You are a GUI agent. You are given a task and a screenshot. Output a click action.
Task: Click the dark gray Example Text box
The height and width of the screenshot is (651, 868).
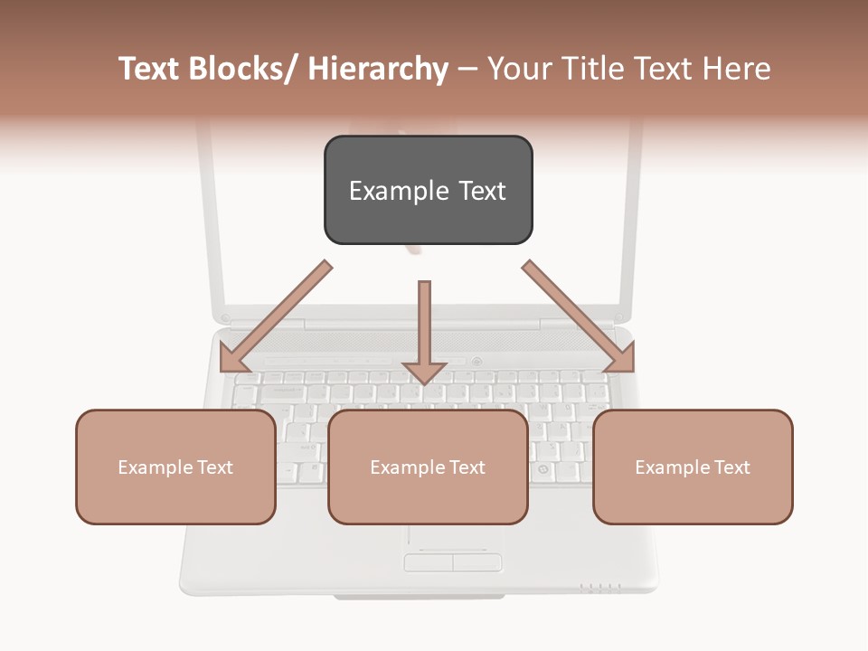point(428,190)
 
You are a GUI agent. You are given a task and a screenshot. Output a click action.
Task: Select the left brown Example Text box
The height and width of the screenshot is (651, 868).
point(175,467)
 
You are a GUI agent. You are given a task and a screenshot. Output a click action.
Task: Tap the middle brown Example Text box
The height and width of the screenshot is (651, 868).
point(428,467)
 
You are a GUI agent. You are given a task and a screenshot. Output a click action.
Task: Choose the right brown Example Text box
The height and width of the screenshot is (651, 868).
point(693,467)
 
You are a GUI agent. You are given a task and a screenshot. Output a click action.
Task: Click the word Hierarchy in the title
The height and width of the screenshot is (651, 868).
point(378,69)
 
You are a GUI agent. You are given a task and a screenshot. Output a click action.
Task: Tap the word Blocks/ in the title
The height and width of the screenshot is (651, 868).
point(246,69)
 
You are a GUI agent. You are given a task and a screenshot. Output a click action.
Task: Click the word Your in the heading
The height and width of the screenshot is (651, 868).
point(518,69)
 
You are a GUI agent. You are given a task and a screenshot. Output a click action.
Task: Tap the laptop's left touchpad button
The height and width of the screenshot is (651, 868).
point(428,562)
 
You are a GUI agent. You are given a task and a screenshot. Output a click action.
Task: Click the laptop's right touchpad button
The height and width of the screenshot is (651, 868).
point(476,562)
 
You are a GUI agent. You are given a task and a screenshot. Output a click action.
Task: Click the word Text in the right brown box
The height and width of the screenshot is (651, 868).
point(731,467)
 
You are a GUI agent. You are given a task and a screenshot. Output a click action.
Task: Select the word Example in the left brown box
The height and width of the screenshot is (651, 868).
point(156,467)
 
